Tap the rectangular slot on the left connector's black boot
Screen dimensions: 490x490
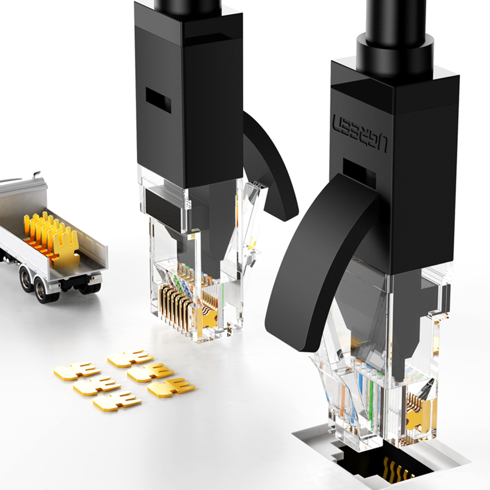click(158, 100)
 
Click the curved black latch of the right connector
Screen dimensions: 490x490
click(319, 266)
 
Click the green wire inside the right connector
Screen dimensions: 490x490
click(371, 397)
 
